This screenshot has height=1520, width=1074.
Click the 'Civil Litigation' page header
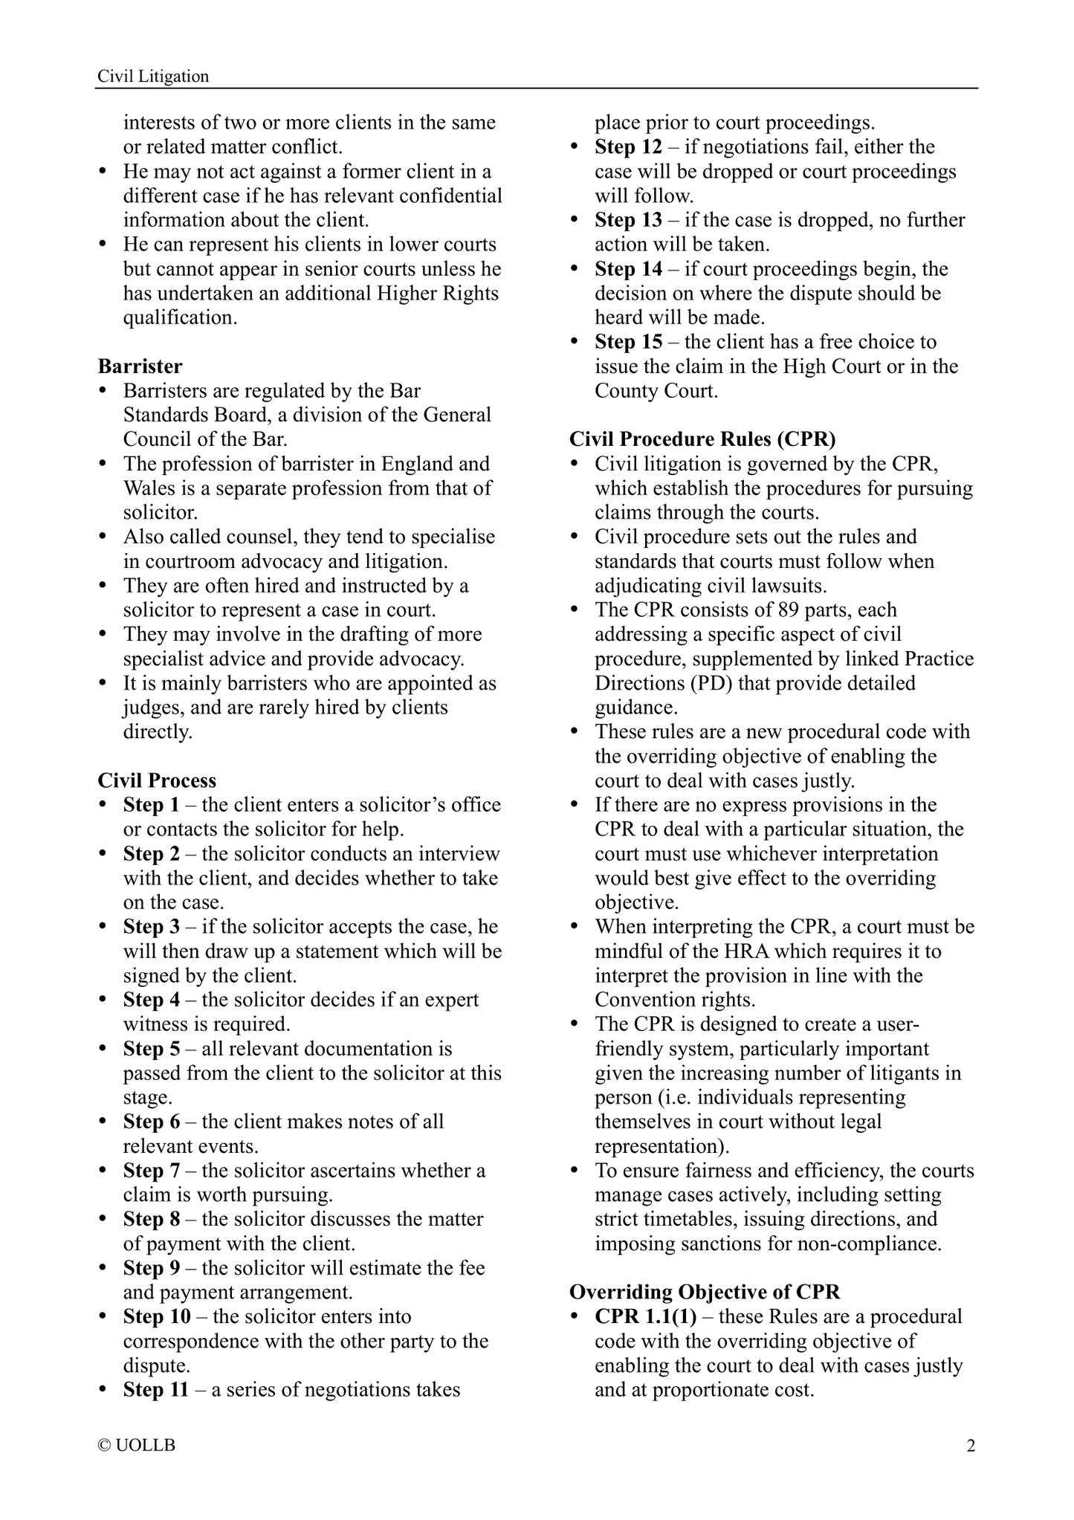[153, 76]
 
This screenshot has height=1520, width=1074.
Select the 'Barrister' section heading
[140, 366]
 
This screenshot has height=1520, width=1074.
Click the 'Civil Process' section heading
[157, 780]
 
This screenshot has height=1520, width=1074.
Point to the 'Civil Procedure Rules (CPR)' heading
[702, 439]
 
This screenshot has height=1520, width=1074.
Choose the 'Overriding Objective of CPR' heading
[704, 1292]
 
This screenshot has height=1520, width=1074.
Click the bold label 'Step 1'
[151, 805]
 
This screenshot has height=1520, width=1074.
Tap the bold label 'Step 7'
[151, 1171]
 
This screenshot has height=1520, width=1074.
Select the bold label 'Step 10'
[157, 1316]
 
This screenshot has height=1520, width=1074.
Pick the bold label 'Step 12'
[628, 147]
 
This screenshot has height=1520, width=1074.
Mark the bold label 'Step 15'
[628, 342]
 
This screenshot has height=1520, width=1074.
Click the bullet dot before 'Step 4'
[104, 1000]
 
